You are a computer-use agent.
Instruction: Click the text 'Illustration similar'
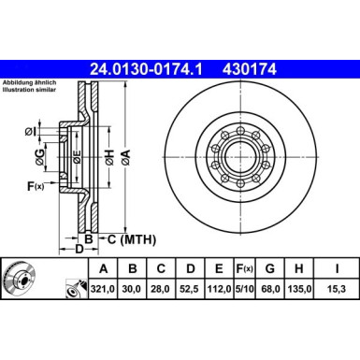point(31,92)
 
